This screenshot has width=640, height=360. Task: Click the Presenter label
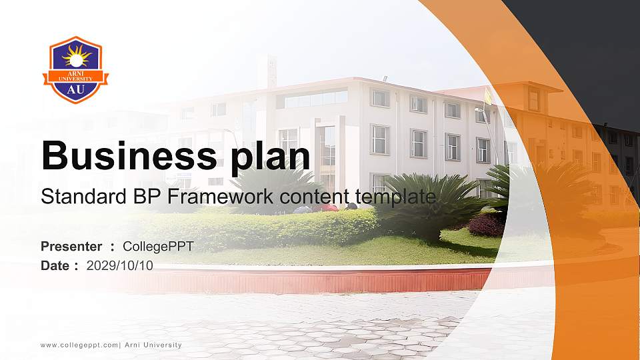point(71,247)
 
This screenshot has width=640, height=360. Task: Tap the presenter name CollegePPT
point(158,247)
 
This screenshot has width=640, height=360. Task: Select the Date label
point(55,265)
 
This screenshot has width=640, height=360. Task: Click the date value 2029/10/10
point(120,265)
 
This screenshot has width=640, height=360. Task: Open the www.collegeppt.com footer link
point(79,345)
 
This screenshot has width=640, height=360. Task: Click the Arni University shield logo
point(76,70)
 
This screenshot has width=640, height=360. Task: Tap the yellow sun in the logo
point(76,55)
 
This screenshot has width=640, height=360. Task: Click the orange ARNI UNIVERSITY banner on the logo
point(76,75)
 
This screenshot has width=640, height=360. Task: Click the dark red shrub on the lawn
point(486,225)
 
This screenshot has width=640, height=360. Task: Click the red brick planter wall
point(320,281)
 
